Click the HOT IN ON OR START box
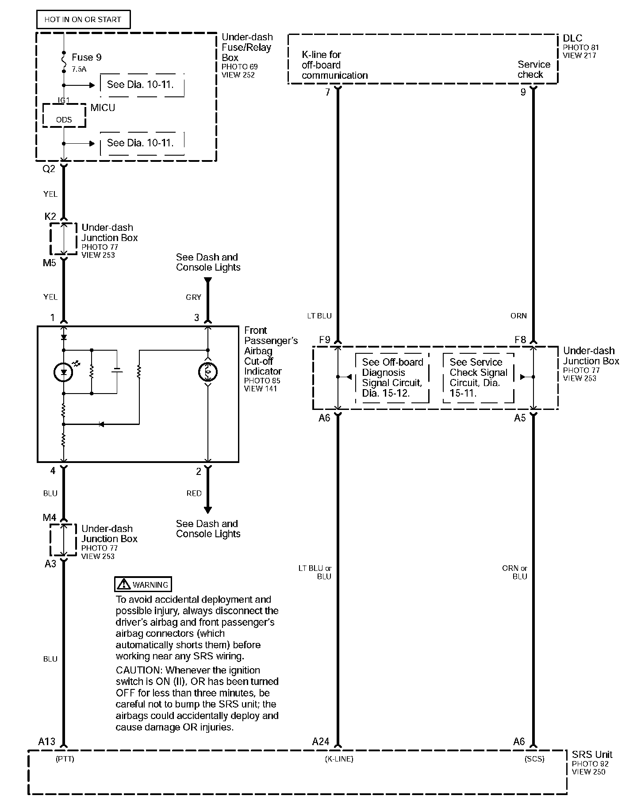tap(83, 19)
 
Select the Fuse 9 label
tap(86, 57)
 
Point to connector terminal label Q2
tap(49, 169)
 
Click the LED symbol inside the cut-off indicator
tap(64, 372)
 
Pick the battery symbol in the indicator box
tap(117, 371)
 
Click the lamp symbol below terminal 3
tap(207, 373)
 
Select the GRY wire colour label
tap(193, 298)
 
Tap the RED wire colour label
tap(194, 493)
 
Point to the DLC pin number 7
tap(328, 92)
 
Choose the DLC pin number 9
tap(523, 92)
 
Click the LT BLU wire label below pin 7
tap(319, 316)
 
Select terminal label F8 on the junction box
tap(520, 340)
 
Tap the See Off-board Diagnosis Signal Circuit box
tap(392, 378)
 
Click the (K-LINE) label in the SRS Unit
tap(339, 759)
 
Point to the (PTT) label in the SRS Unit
tap(65, 759)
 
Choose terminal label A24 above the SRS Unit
tap(321, 742)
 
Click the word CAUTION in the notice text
tap(137, 670)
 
